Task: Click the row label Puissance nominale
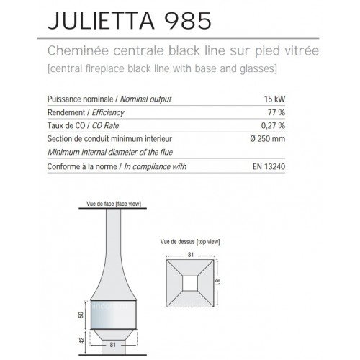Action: pyautogui.click(x=71, y=99)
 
